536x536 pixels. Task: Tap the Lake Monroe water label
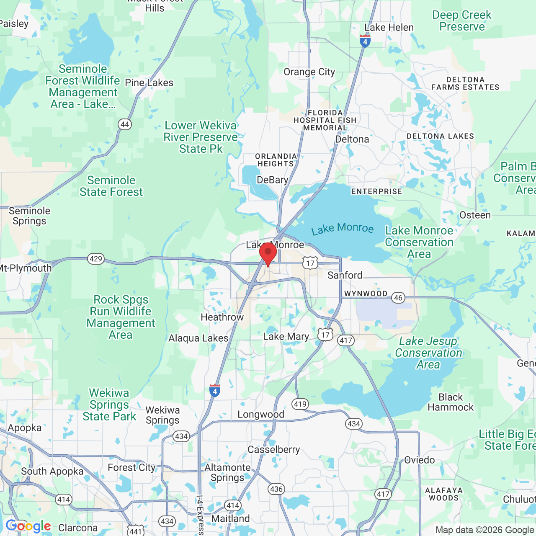pyautogui.click(x=343, y=228)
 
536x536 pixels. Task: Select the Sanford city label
pyautogui.click(x=345, y=275)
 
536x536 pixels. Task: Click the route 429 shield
pyautogui.click(x=96, y=259)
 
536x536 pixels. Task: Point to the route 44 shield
pyautogui.click(x=125, y=124)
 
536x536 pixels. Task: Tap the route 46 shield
pyautogui.click(x=398, y=298)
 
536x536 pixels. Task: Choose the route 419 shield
pyautogui.click(x=300, y=404)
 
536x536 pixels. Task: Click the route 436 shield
pyautogui.click(x=276, y=489)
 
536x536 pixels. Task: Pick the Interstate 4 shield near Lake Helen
pyautogui.click(x=365, y=41)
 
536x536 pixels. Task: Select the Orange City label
pyautogui.click(x=309, y=72)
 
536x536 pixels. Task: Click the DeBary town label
pyautogui.click(x=273, y=180)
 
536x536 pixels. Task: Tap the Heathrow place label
pyautogui.click(x=222, y=317)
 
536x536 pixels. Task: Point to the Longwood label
pyautogui.click(x=261, y=415)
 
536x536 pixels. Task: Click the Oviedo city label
pyautogui.click(x=420, y=460)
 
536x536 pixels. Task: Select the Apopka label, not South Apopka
pyautogui.click(x=25, y=428)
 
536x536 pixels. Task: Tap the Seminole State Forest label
pyautogui.click(x=111, y=186)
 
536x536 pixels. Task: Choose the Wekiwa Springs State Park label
pyautogui.click(x=109, y=405)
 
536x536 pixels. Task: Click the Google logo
pyautogui.click(x=28, y=526)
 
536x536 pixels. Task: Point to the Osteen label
pyautogui.click(x=475, y=215)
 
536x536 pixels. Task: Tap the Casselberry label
pyautogui.click(x=274, y=450)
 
